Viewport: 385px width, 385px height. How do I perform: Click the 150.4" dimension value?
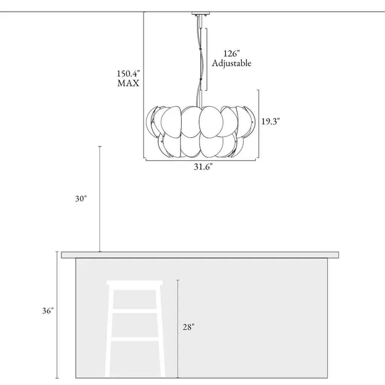pyautogui.click(x=128, y=74)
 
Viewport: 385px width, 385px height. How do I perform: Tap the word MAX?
pyautogui.click(x=128, y=83)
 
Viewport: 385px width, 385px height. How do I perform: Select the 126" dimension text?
pyautogui.click(x=231, y=53)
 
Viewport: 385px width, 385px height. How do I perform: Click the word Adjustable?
pyautogui.click(x=232, y=63)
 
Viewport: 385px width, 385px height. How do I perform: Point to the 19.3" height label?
pyautogui.click(x=270, y=121)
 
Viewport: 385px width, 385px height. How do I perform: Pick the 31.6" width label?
pyautogui.click(x=203, y=167)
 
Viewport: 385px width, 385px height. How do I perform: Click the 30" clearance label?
pyautogui.click(x=81, y=199)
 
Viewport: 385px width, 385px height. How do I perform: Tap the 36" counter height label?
pyautogui.click(x=48, y=311)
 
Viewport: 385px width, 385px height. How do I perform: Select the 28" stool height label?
pyautogui.click(x=189, y=327)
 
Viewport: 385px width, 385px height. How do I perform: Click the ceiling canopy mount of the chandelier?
pyautogui.click(x=201, y=13)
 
